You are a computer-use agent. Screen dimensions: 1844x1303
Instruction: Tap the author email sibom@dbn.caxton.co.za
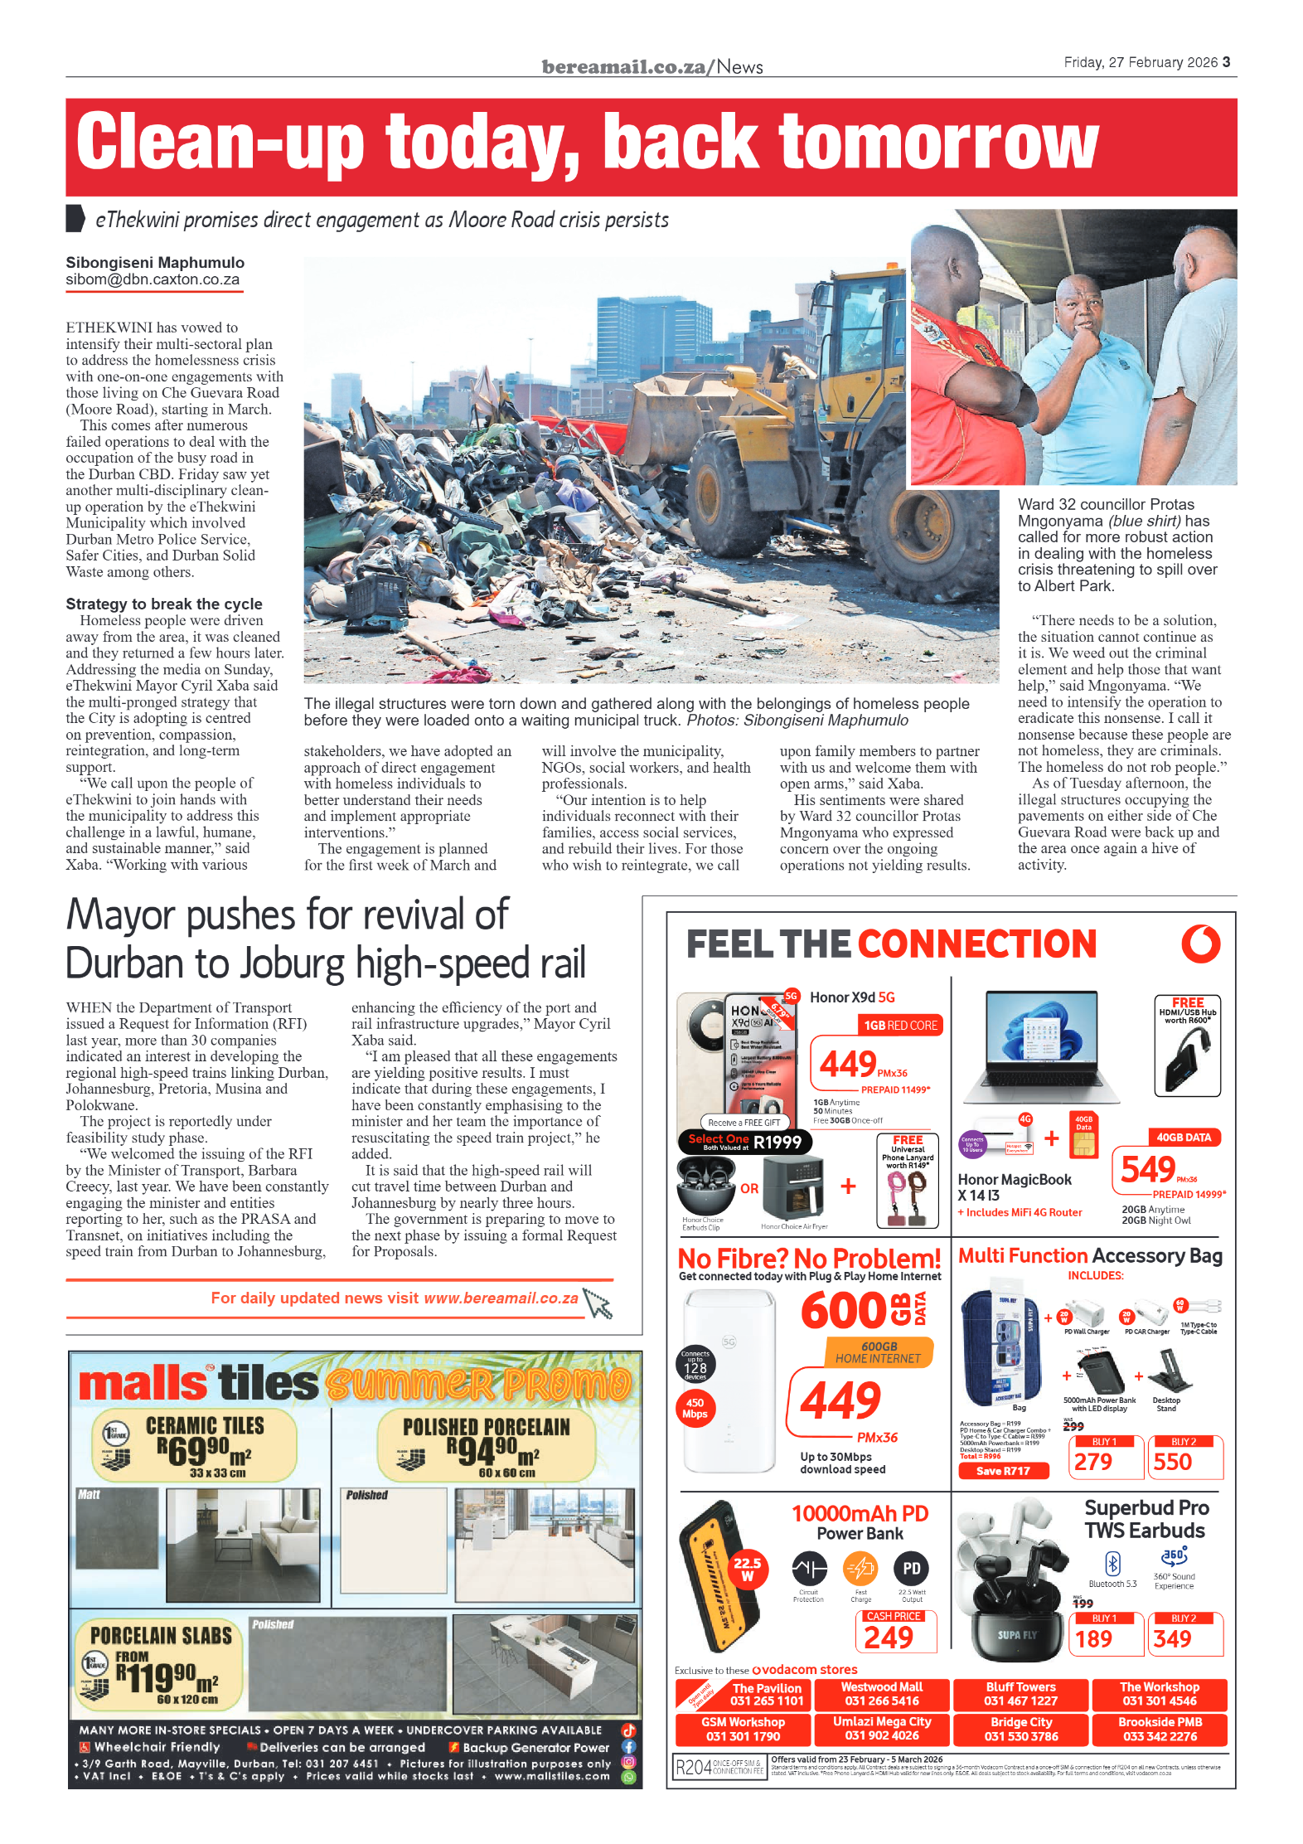pos(153,279)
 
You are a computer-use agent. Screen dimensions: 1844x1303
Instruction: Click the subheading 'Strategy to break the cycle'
pos(164,604)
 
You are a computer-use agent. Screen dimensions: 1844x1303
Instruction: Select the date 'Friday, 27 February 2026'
pos(1141,62)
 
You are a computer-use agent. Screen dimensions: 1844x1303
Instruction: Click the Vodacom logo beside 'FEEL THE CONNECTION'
pos(1200,944)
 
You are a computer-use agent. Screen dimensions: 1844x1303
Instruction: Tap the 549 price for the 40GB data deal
pos(1148,1169)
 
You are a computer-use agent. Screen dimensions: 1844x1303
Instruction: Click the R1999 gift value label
pos(777,1143)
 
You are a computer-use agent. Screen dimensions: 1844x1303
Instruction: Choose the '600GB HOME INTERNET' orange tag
pos(879,1352)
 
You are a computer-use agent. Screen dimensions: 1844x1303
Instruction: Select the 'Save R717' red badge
pos(1003,1471)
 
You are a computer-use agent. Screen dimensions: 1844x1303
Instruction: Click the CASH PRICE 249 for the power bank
pos(889,1637)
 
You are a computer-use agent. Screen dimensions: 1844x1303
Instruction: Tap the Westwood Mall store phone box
pos(882,1694)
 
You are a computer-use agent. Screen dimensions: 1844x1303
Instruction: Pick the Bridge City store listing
pos(1021,1729)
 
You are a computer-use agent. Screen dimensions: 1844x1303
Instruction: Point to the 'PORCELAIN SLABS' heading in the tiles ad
pos(161,1636)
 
